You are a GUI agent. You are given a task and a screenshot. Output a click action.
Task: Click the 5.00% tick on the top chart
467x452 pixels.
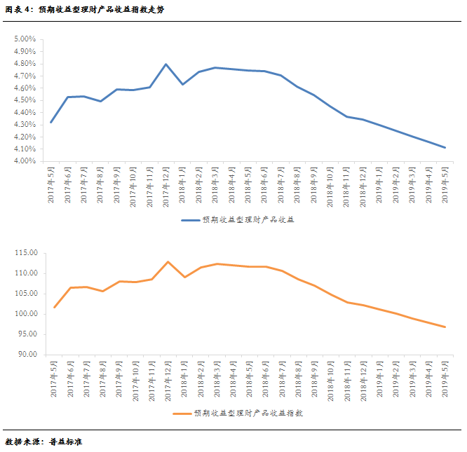point(25,39)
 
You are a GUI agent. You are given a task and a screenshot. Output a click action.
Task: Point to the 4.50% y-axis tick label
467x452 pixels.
point(25,100)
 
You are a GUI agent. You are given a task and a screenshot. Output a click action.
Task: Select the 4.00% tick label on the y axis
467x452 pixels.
point(25,161)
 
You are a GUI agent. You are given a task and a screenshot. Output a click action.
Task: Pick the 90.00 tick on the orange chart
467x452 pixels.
point(27,355)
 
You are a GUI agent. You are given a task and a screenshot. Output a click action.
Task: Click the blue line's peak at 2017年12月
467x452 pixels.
point(166,64)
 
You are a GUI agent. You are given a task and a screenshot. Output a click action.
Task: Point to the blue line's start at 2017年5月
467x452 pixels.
point(51,122)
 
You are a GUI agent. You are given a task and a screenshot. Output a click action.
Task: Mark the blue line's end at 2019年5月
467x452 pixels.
point(445,148)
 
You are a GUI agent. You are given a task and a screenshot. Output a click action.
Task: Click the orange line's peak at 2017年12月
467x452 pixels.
point(168,261)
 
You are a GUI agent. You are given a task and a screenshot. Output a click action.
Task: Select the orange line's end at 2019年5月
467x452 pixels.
point(445,327)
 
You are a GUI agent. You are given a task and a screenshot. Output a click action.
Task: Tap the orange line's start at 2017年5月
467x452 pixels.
point(54,307)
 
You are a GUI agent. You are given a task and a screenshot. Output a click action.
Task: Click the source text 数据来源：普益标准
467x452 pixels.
point(44,442)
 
